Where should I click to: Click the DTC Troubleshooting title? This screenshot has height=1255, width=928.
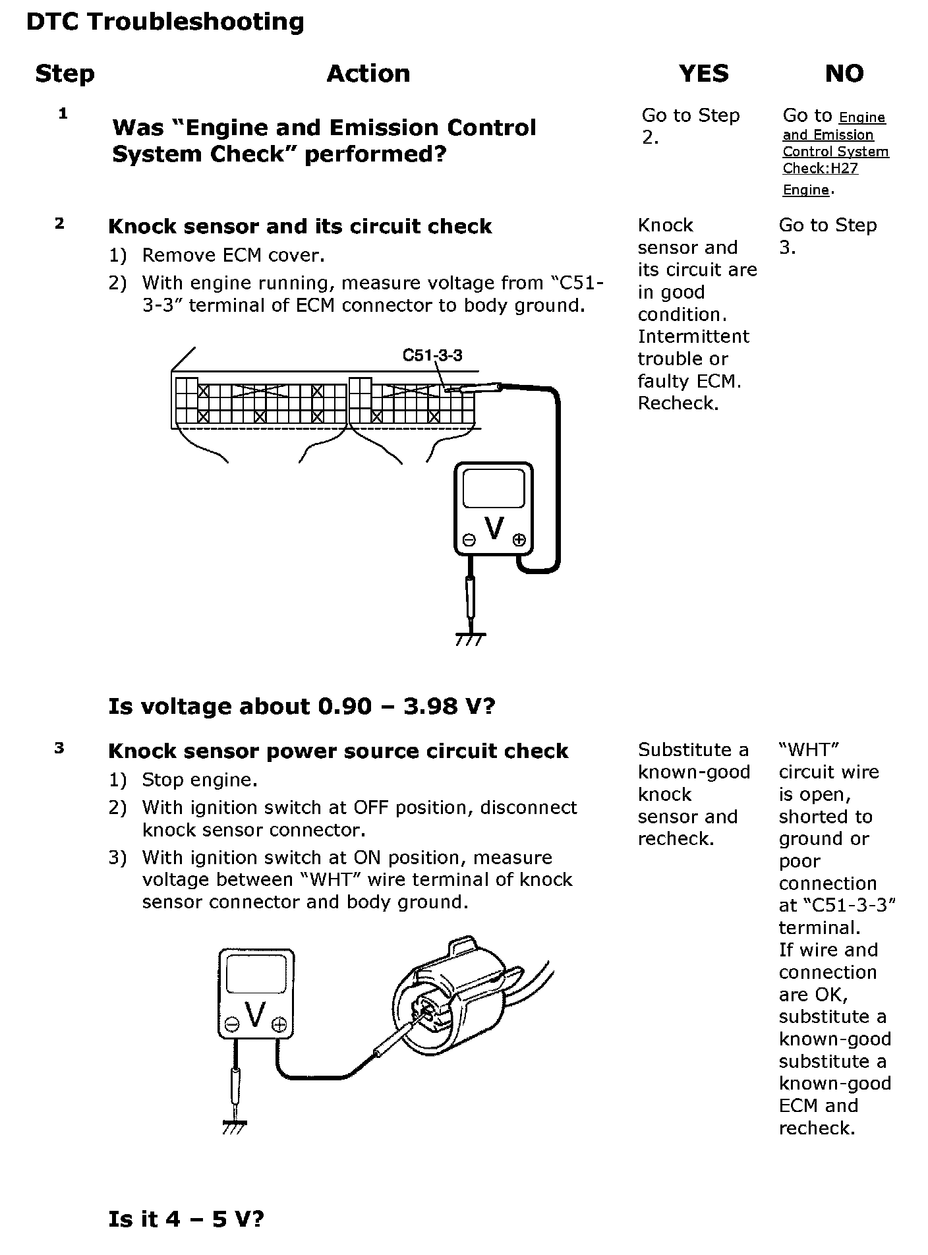point(165,22)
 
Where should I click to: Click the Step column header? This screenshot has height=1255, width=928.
point(65,73)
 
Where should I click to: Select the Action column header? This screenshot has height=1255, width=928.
point(368,73)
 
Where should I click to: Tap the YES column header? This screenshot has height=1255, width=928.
point(703,73)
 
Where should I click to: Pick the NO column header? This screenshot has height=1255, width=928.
point(844,73)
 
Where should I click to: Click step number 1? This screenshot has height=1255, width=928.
point(63,113)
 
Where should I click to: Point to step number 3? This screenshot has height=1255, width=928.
point(59,748)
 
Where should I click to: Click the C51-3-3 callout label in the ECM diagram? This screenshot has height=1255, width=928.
point(432,356)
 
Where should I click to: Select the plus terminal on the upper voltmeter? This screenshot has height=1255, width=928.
point(519,540)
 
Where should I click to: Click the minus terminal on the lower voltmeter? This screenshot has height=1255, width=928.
point(231,1024)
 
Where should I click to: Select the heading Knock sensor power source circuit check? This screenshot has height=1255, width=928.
point(337,751)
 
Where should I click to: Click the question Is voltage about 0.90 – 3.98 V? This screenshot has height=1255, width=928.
point(301,706)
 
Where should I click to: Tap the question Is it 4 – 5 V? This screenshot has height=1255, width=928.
point(186,1219)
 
